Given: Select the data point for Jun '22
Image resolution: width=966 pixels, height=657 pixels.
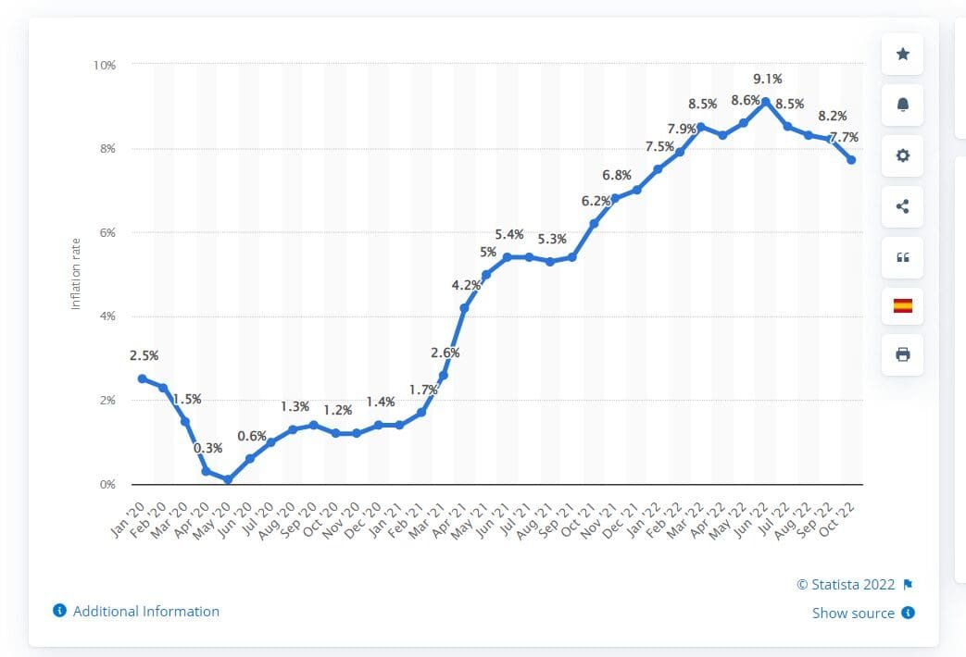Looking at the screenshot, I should click(765, 102).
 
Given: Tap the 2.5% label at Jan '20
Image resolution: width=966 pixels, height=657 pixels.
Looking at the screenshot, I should click(144, 355).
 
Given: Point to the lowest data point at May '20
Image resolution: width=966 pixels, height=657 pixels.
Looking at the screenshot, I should click(228, 479).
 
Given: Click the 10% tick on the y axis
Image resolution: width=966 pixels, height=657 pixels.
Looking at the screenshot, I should click(104, 65).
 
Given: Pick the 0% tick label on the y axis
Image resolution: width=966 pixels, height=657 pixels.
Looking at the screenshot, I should click(107, 484).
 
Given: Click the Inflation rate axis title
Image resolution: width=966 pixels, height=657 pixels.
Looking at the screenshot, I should click(76, 275).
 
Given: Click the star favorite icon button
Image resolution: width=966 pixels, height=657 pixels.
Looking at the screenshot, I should click(903, 55).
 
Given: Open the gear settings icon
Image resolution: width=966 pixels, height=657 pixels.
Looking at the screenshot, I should click(903, 156).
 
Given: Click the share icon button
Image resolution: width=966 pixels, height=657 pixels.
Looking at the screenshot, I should click(903, 206).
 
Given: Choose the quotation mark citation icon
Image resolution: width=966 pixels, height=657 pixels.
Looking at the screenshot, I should click(903, 257).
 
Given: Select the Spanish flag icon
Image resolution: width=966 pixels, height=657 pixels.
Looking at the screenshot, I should click(903, 305).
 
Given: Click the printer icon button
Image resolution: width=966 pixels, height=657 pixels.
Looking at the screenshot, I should click(903, 354).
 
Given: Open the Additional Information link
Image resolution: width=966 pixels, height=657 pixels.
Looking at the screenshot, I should click(145, 612).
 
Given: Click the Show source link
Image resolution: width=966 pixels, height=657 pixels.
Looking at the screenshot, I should click(853, 614).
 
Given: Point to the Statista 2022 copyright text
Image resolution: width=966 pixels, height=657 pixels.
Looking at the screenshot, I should click(846, 585).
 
